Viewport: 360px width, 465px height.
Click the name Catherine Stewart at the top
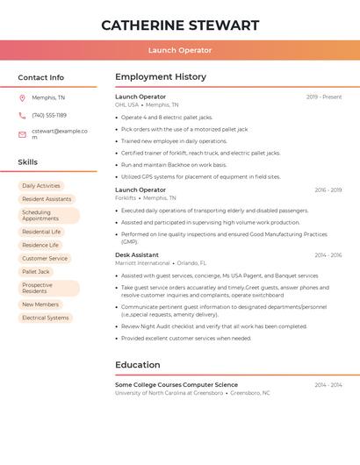coord(180,25)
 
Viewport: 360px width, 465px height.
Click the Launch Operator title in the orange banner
coord(180,50)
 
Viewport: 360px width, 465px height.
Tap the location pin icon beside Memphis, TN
coord(22,97)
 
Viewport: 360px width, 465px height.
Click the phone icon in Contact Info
coord(22,115)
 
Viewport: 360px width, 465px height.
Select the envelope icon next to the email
coord(22,134)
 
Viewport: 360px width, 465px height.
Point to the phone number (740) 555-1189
coord(49,115)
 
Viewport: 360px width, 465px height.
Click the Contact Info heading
coord(41,77)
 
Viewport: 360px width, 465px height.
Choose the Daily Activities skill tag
coord(41,186)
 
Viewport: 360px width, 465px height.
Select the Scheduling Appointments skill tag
coord(48,215)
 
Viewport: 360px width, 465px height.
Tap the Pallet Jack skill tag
coord(36,272)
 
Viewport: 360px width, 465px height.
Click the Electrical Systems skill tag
coord(46,318)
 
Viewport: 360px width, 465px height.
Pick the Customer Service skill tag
coord(45,259)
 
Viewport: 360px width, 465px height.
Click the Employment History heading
coord(160,77)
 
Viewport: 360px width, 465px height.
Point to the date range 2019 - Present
coord(324,97)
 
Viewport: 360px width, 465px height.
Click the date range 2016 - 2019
coord(328,190)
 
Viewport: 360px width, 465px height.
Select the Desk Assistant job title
coord(137,255)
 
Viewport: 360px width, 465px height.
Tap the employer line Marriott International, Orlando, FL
coord(161,263)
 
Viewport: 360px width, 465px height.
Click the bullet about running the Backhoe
coord(174,165)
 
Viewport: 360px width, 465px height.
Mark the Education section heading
coord(138,365)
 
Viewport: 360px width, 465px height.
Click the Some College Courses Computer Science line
coord(176,385)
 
